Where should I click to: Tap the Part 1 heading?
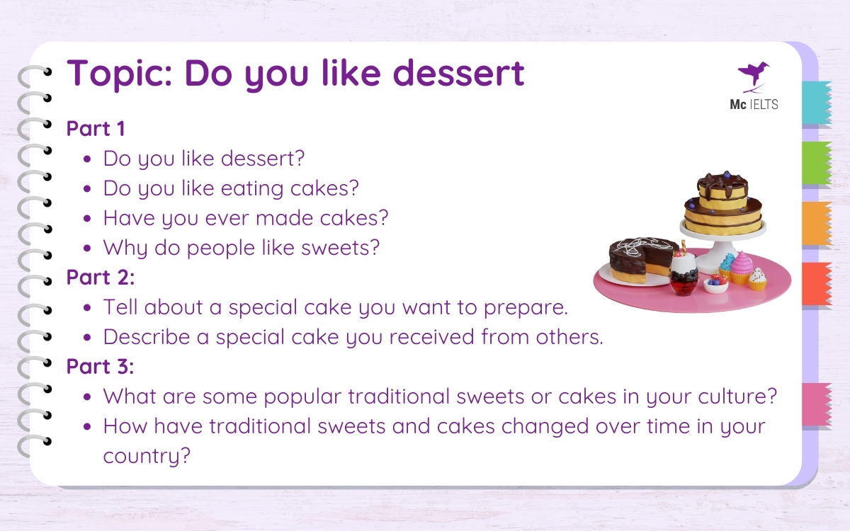(x=96, y=129)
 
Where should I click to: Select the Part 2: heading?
(x=100, y=278)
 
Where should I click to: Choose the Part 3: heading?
(x=100, y=367)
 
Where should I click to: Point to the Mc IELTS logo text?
(x=754, y=105)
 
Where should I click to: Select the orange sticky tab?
(x=816, y=224)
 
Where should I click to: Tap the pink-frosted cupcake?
(x=741, y=268)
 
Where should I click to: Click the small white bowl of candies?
(x=715, y=285)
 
